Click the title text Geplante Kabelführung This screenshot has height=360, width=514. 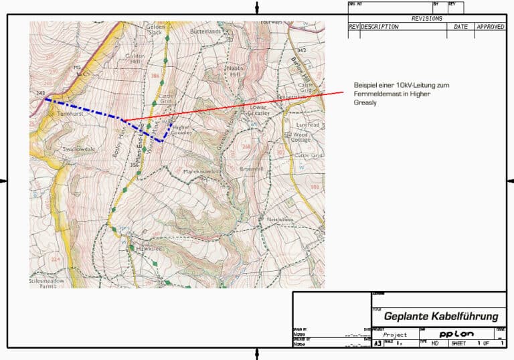click(441, 317)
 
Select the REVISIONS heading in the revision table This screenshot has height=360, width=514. click(426, 19)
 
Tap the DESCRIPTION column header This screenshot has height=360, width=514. click(379, 27)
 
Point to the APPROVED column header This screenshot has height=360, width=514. click(490, 27)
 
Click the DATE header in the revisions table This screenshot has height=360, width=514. click(461, 27)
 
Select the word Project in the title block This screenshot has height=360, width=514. click(395, 335)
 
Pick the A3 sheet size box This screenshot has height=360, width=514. click(377, 343)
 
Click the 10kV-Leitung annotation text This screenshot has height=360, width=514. click(392, 94)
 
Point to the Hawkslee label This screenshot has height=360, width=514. click(149, 248)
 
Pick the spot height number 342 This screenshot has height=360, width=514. click(301, 50)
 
